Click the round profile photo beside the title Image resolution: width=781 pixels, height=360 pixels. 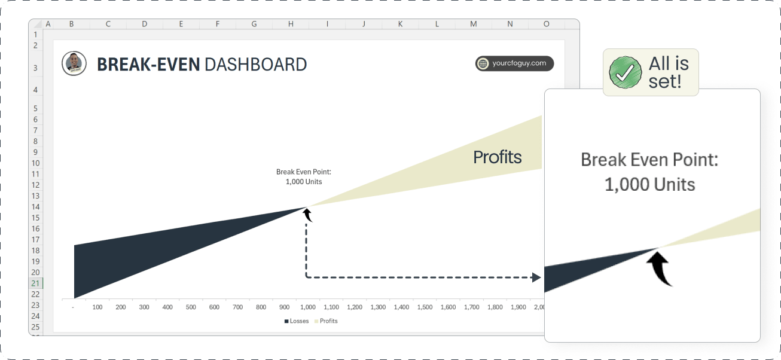(x=74, y=63)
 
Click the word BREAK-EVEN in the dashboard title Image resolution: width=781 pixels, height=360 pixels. (x=148, y=65)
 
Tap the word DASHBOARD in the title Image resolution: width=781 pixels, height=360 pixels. (x=255, y=65)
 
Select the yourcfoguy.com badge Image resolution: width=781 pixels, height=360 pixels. (x=514, y=63)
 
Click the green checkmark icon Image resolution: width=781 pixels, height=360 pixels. (x=625, y=72)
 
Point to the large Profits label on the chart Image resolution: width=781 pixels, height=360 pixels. (x=497, y=157)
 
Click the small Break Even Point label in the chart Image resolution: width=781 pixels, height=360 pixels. (x=304, y=176)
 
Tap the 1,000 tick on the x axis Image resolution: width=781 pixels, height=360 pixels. (x=308, y=307)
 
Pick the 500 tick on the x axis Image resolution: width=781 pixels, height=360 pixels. (x=191, y=307)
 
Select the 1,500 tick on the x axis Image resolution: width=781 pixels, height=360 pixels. (x=425, y=307)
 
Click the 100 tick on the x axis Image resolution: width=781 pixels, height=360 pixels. (x=97, y=307)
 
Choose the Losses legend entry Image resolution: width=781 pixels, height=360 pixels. (x=297, y=321)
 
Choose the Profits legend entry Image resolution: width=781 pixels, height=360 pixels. (x=326, y=321)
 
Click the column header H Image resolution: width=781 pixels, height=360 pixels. (x=291, y=24)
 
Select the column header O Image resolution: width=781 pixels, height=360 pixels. (x=547, y=24)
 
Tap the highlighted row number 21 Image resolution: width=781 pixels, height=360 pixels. (x=35, y=283)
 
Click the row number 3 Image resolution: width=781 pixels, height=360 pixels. (x=35, y=68)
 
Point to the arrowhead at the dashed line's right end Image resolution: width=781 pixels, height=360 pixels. (x=536, y=277)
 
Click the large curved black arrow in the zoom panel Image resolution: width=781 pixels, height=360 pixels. (x=660, y=269)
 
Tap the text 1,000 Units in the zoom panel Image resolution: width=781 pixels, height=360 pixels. (x=649, y=184)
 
